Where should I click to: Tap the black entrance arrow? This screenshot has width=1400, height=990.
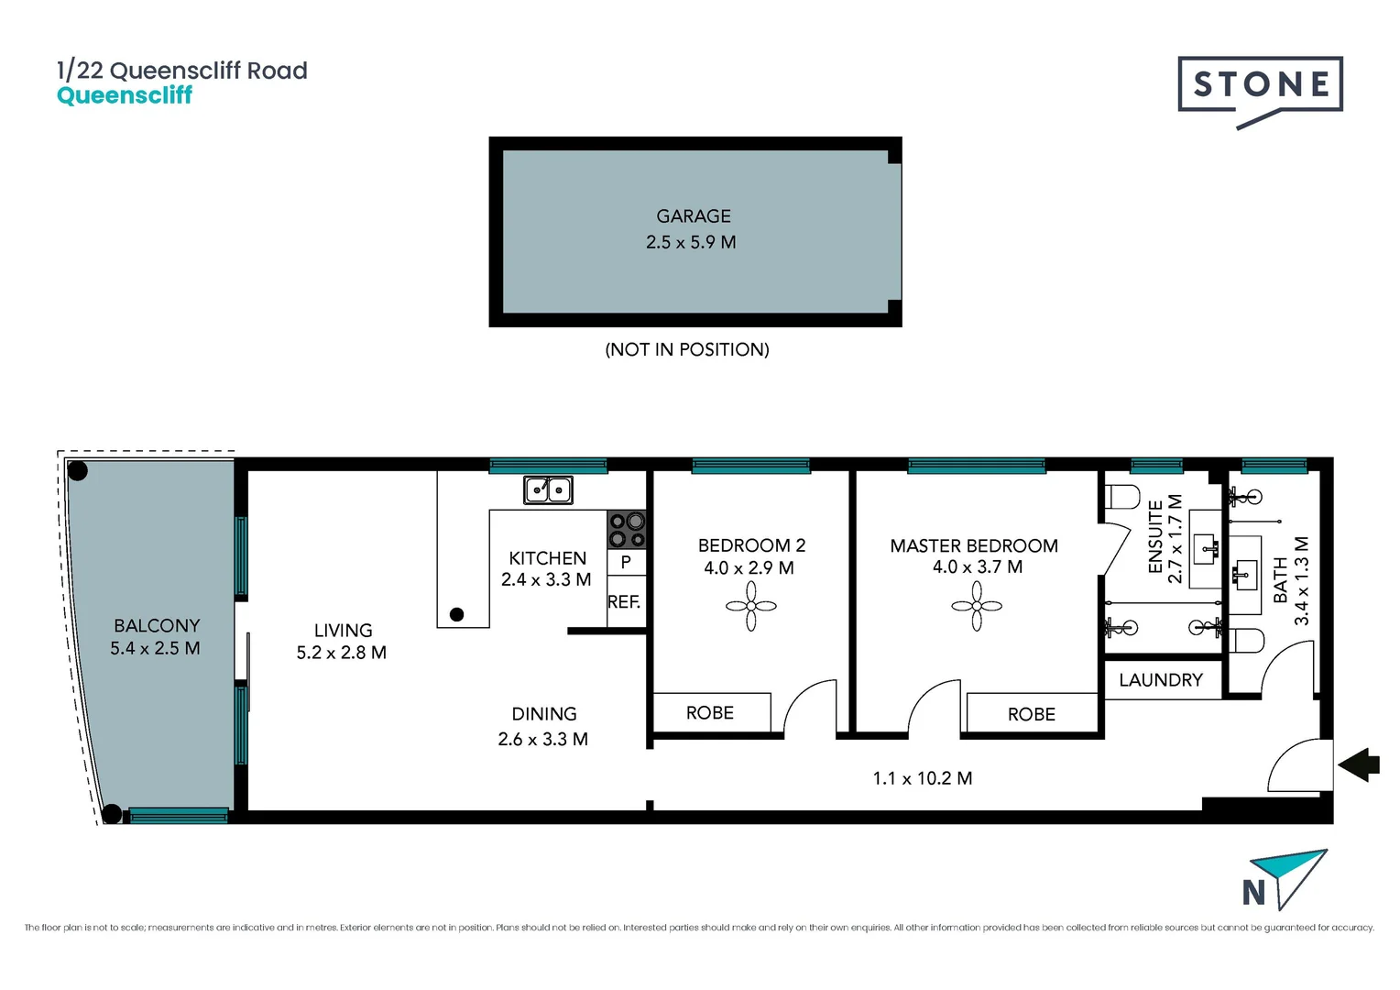tap(1359, 764)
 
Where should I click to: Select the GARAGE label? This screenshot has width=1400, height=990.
tap(694, 216)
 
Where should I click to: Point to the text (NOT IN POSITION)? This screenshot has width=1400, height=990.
tap(687, 349)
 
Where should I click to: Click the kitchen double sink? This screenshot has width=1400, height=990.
tap(548, 490)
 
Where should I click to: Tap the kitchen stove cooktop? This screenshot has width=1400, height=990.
tap(627, 529)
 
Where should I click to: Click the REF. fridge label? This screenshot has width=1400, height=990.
tap(624, 602)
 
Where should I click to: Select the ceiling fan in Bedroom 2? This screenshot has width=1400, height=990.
tap(751, 606)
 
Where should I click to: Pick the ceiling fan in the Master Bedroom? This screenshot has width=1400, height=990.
tap(977, 606)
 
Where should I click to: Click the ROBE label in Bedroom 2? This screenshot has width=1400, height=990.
tap(710, 713)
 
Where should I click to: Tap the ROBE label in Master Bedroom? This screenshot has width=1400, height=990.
tap(1032, 714)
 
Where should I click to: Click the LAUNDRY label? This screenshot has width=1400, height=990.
tap(1161, 680)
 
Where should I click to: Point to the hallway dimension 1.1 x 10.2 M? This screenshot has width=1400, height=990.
tap(923, 778)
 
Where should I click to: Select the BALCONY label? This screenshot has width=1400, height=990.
tap(157, 626)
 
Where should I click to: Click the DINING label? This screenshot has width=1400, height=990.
tap(544, 714)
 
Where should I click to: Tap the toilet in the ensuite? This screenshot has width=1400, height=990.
tap(1122, 497)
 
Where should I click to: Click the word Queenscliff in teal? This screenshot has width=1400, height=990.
tap(125, 95)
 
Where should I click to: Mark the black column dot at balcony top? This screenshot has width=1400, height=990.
tap(78, 471)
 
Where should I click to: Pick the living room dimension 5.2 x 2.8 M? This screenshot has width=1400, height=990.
tap(341, 653)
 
